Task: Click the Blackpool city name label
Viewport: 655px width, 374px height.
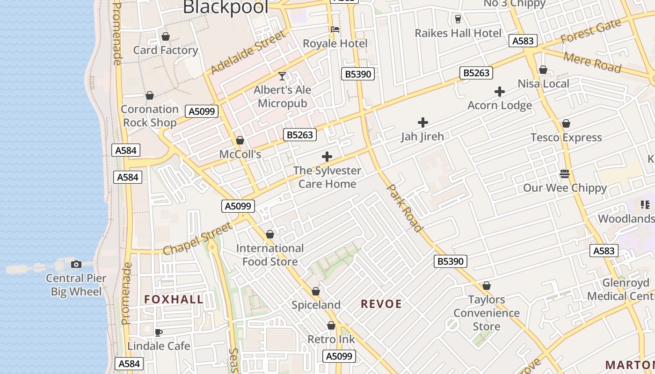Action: click(x=226, y=7)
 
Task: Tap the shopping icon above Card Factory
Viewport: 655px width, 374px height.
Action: click(x=165, y=36)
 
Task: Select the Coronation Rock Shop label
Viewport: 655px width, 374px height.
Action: click(x=149, y=116)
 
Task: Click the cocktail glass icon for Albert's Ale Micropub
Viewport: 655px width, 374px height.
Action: click(x=282, y=76)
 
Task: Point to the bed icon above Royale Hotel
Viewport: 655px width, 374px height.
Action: click(x=335, y=30)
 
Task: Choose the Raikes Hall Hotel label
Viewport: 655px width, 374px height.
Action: click(x=458, y=33)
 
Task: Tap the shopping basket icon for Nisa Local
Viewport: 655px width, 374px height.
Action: click(x=543, y=70)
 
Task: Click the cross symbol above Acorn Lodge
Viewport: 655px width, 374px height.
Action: click(x=500, y=92)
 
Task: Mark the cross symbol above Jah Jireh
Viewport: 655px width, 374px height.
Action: click(x=422, y=123)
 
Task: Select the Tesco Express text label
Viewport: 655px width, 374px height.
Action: click(x=566, y=137)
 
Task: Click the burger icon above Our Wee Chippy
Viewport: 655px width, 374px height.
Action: click(x=565, y=174)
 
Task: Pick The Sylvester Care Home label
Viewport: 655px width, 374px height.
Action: click(x=327, y=177)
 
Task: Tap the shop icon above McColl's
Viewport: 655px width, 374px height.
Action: click(x=240, y=140)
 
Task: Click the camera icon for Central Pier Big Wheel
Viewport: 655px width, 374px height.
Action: click(x=76, y=265)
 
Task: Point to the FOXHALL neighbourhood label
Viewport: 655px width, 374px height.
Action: click(x=174, y=300)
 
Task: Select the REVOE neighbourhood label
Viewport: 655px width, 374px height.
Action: click(x=381, y=304)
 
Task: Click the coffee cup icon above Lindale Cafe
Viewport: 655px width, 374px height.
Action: click(x=159, y=333)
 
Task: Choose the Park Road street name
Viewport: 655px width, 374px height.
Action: click(x=405, y=208)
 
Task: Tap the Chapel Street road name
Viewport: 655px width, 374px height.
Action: click(x=198, y=239)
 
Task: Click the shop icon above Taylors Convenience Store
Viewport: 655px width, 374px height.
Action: click(x=487, y=286)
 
